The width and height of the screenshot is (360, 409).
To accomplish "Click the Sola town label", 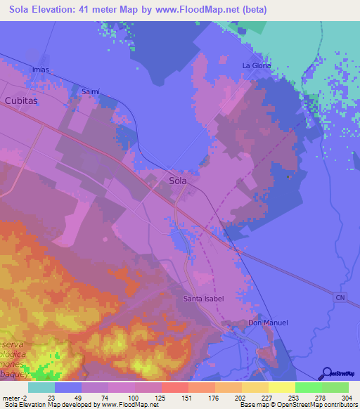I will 179,180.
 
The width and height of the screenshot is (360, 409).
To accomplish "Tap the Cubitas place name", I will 21,100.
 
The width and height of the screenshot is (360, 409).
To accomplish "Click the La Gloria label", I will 256,65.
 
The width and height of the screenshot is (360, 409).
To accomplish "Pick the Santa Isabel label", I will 204,299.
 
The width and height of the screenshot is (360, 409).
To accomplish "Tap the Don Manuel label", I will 268,323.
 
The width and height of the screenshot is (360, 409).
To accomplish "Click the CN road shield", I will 340,299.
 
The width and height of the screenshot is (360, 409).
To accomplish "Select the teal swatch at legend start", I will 41,387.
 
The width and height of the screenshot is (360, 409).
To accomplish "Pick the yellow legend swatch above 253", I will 281,387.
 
